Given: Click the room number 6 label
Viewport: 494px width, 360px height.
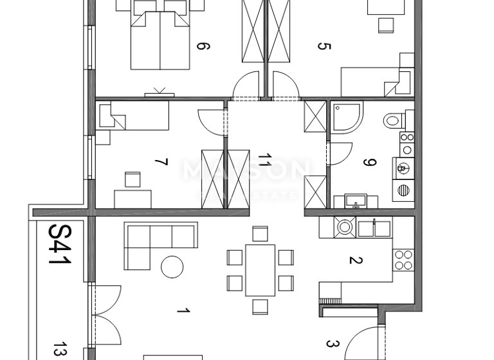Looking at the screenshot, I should click(x=203, y=46).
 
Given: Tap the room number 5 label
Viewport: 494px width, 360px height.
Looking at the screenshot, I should click(x=324, y=46).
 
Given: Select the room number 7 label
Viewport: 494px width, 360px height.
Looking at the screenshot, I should click(x=161, y=162).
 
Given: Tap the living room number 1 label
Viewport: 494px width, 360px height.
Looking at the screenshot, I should click(x=183, y=312).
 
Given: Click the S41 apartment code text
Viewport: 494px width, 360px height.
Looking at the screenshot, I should click(x=60, y=245).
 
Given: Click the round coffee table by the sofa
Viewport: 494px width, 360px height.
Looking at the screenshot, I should click(x=172, y=266).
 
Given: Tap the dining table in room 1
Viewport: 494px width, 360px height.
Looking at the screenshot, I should click(x=260, y=270).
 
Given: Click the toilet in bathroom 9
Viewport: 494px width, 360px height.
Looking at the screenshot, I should click(x=393, y=120).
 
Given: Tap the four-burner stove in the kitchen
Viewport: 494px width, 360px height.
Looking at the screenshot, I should click(x=403, y=260).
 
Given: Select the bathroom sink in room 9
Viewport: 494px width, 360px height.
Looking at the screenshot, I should click(x=354, y=202).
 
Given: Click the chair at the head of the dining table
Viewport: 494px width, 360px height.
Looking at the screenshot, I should click(x=260, y=233).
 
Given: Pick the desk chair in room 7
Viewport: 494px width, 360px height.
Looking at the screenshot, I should click(x=133, y=178).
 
